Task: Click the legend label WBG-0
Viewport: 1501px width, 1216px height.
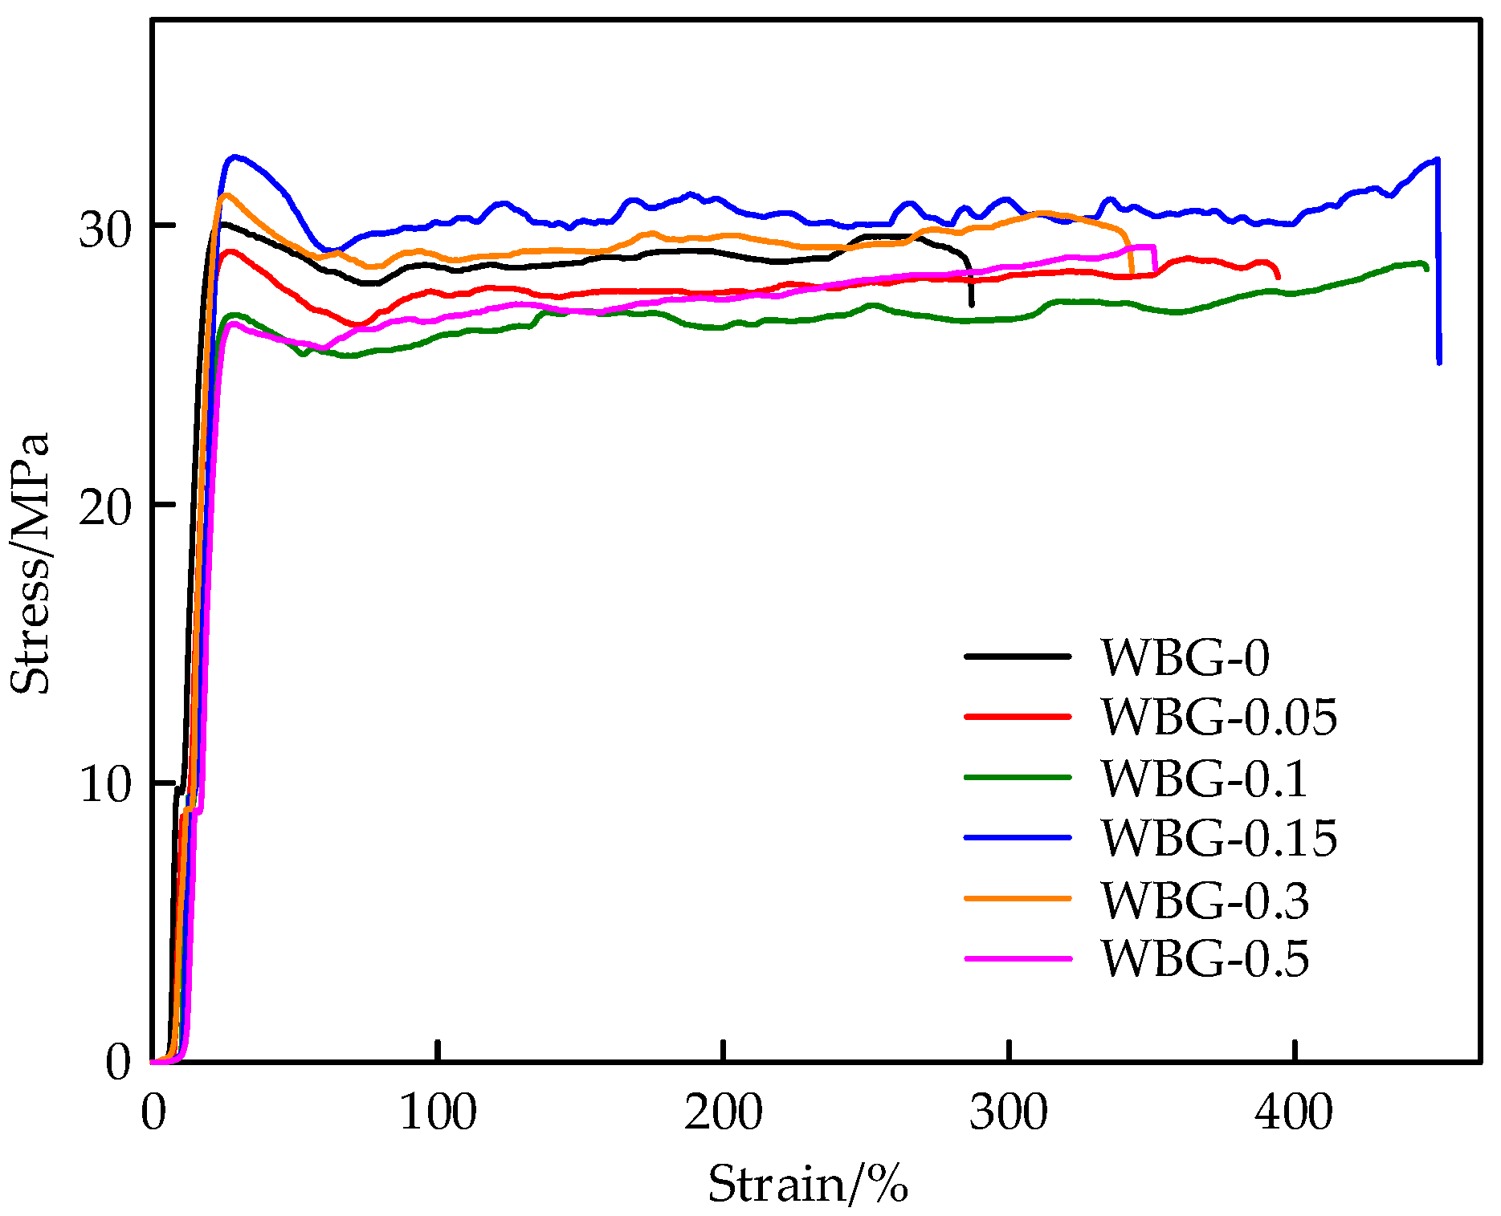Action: (x=1185, y=658)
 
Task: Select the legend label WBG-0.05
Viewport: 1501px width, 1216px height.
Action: (x=1218, y=717)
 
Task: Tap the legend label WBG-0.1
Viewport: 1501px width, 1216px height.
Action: (x=1204, y=779)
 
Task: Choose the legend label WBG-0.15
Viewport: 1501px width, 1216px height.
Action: (x=1218, y=839)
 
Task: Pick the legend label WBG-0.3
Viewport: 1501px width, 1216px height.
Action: (x=1204, y=900)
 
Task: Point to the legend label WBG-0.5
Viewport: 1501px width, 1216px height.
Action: (x=1204, y=958)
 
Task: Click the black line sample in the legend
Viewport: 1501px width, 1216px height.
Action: (x=1018, y=657)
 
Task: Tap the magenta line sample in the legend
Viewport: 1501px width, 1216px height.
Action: (x=1018, y=958)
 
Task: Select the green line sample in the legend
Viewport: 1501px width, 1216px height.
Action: (x=1018, y=777)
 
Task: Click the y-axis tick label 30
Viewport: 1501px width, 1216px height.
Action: (x=104, y=232)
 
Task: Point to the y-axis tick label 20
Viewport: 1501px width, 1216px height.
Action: (x=104, y=509)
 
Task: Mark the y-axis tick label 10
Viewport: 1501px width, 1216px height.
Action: (x=104, y=786)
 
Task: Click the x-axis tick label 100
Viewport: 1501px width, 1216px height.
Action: (x=438, y=1114)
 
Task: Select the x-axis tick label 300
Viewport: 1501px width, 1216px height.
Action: (x=1009, y=1114)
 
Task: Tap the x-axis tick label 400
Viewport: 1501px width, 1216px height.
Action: (x=1294, y=1114)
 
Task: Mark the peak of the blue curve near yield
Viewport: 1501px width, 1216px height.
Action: (x=235, y=157)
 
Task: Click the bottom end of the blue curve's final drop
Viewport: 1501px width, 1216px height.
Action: (x=1439, y=363)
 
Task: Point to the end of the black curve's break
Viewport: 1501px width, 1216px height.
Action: (x=972, y=305)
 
